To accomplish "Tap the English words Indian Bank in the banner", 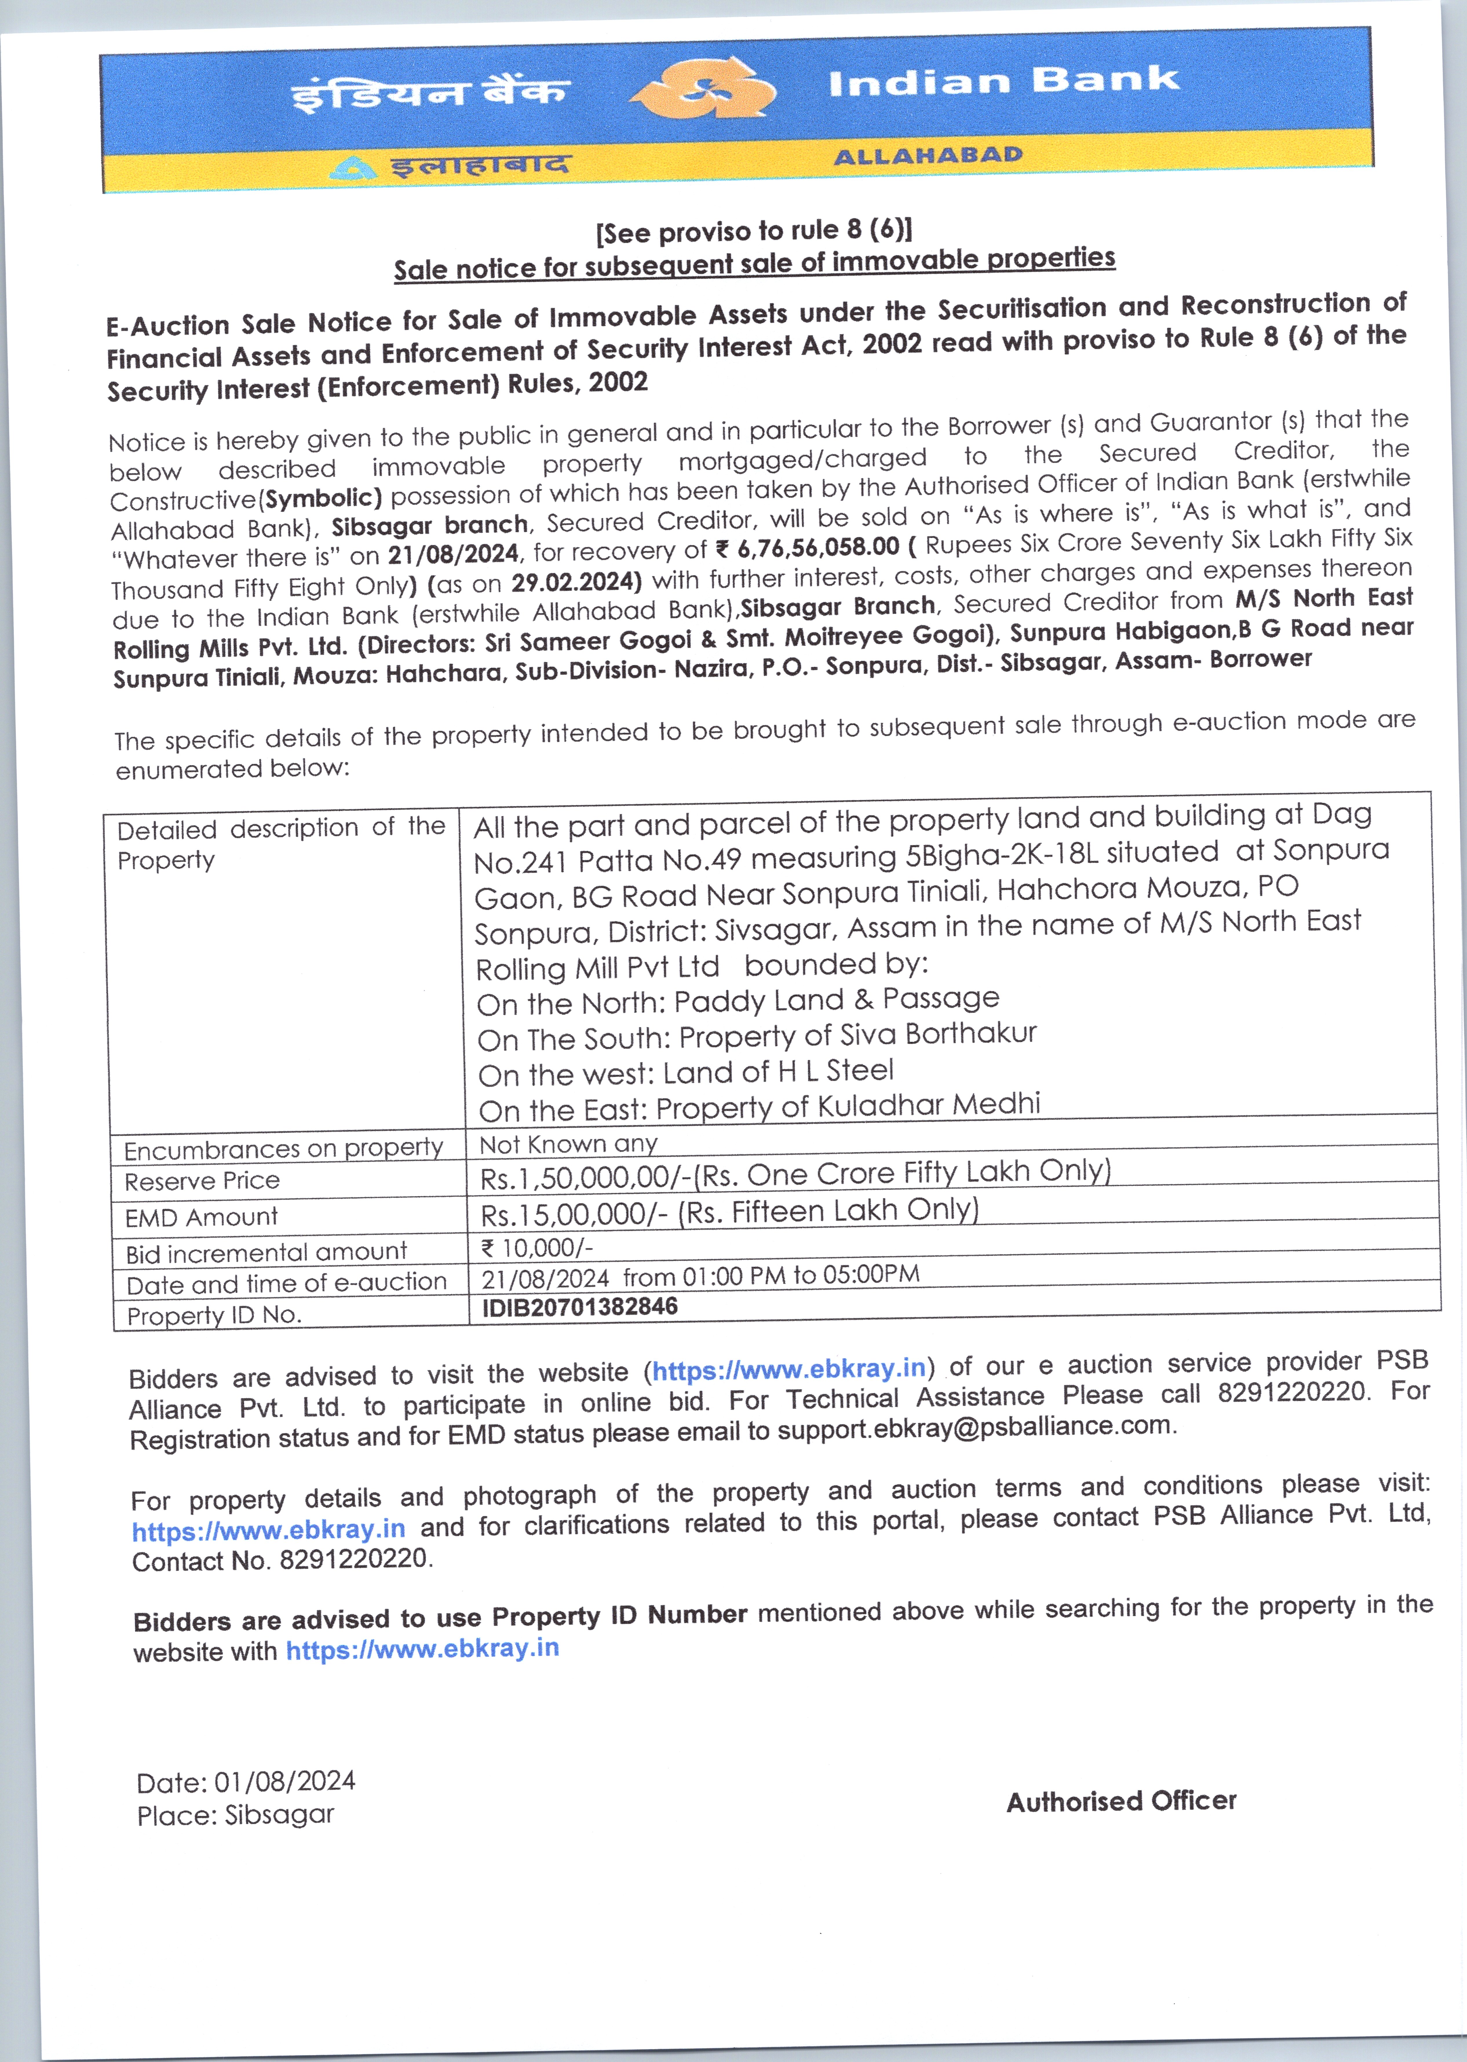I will tap(1003, 81).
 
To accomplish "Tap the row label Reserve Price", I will tap(202, 1181).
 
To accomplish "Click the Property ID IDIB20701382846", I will tap(579, 1307).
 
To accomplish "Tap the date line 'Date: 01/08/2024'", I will tap(246, 1781).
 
